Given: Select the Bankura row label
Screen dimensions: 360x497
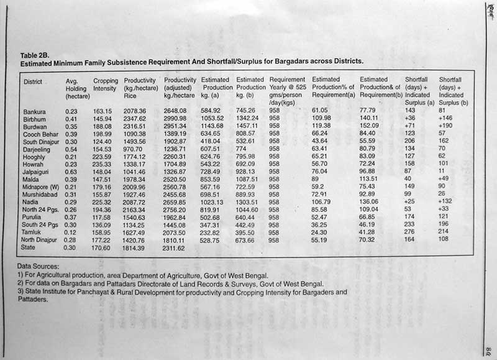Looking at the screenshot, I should [35, 111].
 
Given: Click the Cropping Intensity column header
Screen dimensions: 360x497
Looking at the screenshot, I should [105, 85].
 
